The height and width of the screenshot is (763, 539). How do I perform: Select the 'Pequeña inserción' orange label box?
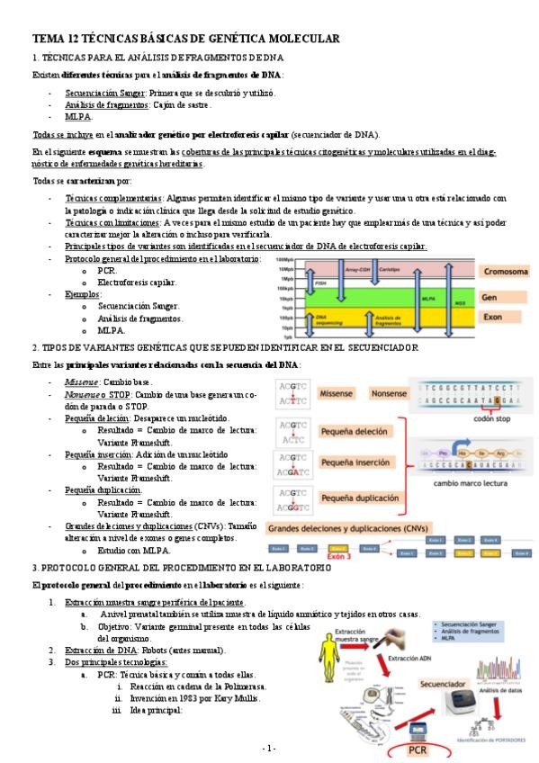click(360, 462)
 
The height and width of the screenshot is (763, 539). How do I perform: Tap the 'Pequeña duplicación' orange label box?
click(359, 497)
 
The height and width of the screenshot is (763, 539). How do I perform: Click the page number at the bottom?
click(269, 749)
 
